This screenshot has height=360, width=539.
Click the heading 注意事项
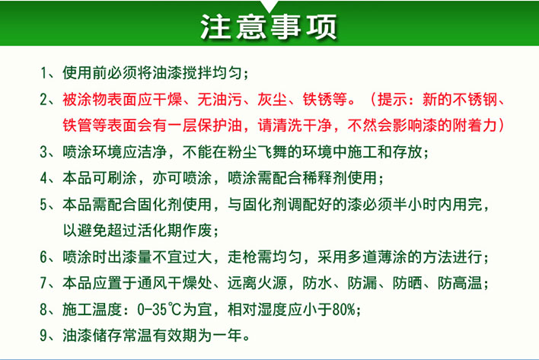(x=269, y=26)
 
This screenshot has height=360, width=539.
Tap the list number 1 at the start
(x=43, y=73)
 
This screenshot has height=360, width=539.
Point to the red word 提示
(x=393, y=100)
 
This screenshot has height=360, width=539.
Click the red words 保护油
(x=219, y=125)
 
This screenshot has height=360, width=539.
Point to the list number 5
(x=43, y=205)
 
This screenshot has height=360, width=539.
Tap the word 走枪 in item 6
(x=242, y=256)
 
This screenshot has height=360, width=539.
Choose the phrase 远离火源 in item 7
(x=257, y=283)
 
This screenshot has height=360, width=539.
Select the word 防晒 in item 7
(x=407, y=283)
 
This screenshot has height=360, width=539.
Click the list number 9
(x=43, y=336)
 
